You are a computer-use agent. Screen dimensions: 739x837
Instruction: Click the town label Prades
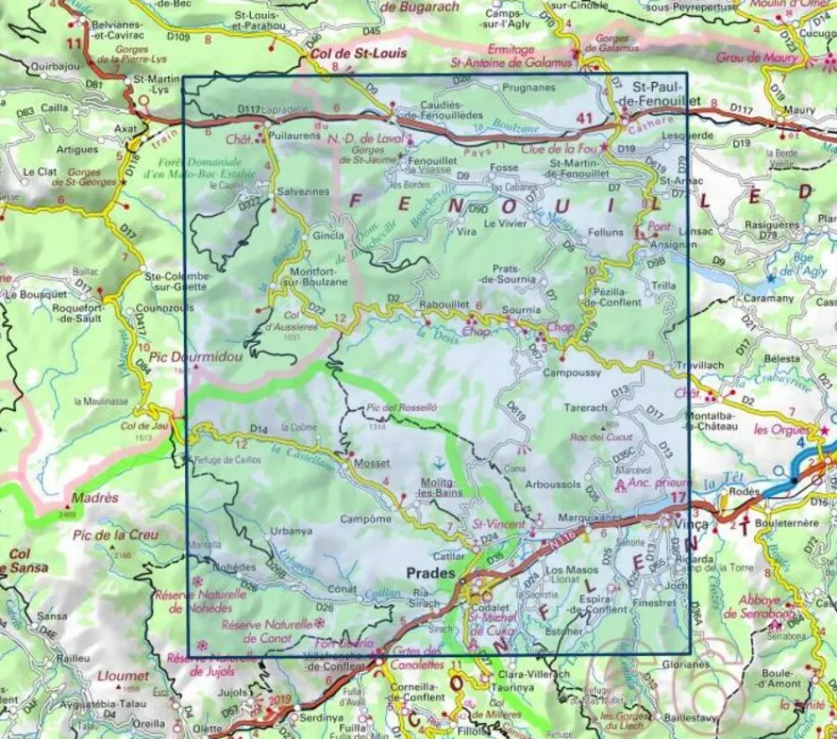430,574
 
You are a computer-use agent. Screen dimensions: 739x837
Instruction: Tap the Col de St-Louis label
357,53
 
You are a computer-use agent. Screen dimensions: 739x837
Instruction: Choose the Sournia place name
520,310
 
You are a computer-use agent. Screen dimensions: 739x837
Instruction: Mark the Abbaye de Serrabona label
768,607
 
